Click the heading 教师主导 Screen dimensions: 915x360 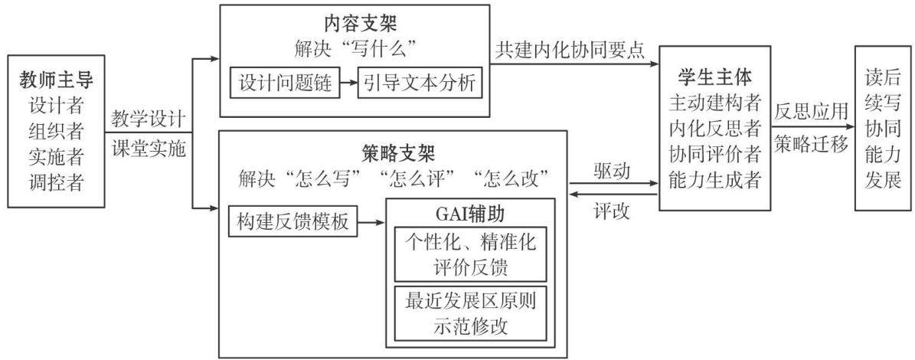(56, 79)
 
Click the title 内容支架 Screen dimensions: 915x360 (355, 23)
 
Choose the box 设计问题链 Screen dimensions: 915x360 (286, 84)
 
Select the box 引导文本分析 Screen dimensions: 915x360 (420, 84)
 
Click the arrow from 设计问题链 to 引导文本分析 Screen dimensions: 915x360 (349, 84)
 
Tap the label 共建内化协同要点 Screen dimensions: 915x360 (570, 51)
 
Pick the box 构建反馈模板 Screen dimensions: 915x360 (293, 221)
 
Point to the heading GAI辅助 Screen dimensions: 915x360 (470, 214)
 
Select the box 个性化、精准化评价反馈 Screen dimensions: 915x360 (470, 254)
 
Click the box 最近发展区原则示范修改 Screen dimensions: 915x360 (470, 313)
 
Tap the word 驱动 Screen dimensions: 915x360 (612, 172)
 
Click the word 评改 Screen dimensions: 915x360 (612, 211)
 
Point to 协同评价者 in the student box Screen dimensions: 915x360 (714, 155)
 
